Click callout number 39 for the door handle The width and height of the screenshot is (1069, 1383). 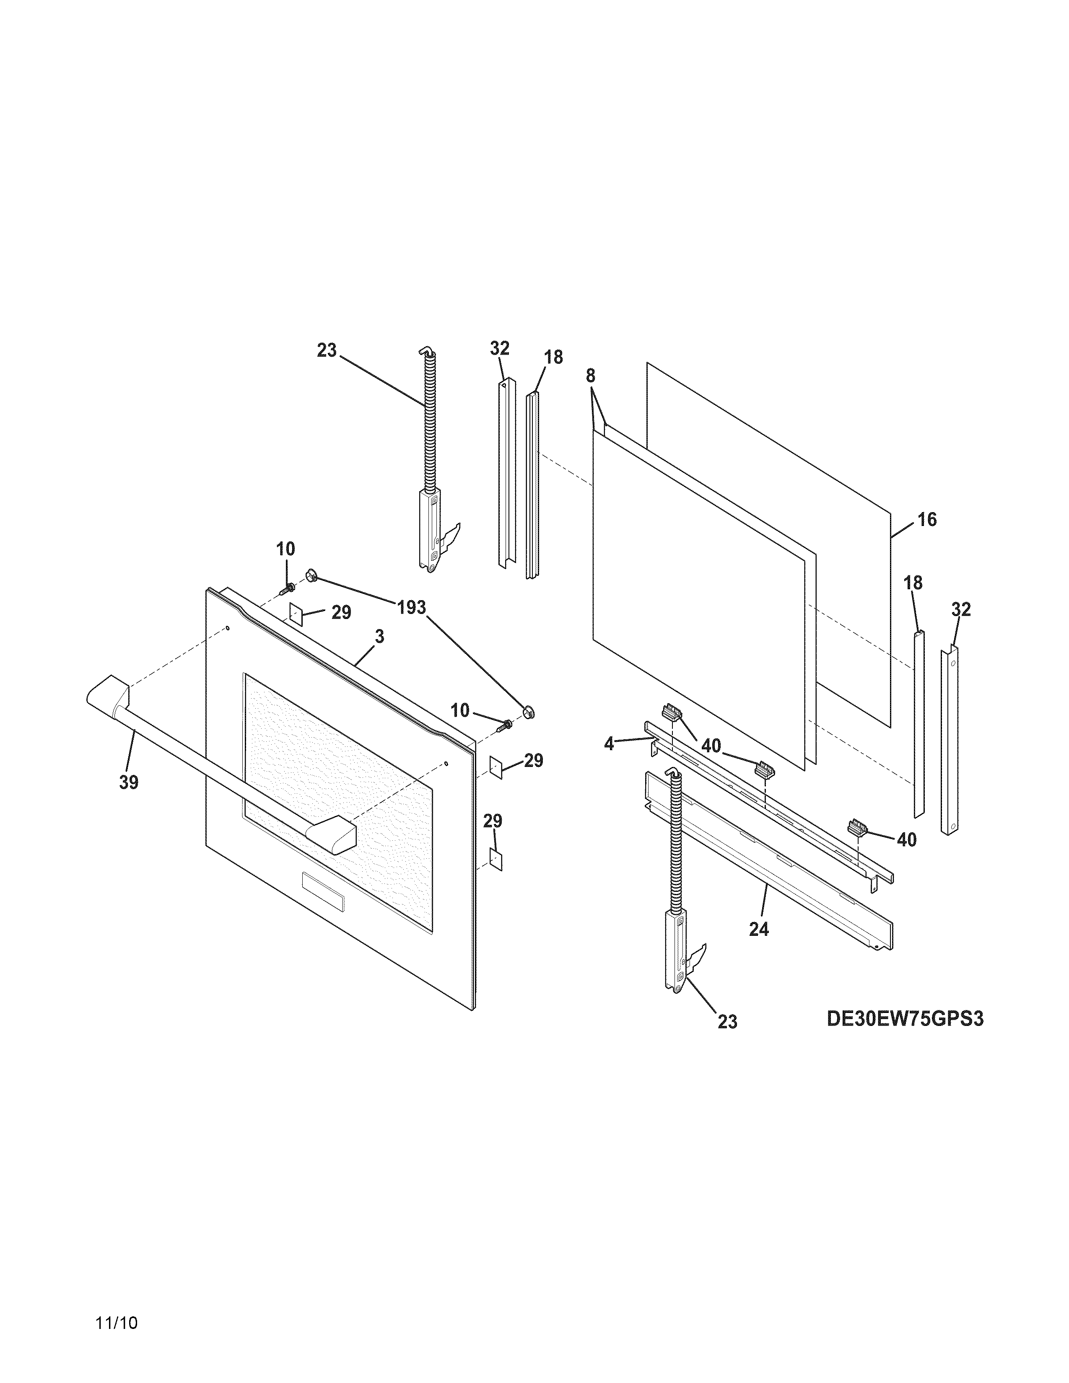129,783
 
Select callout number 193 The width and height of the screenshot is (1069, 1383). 412,608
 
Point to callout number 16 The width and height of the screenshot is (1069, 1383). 926,520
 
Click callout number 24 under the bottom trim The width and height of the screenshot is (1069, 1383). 759,929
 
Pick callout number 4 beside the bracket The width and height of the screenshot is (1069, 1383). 609,744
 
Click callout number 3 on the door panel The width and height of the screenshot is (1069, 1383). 379,637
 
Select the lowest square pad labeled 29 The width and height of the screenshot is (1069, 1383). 496,859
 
